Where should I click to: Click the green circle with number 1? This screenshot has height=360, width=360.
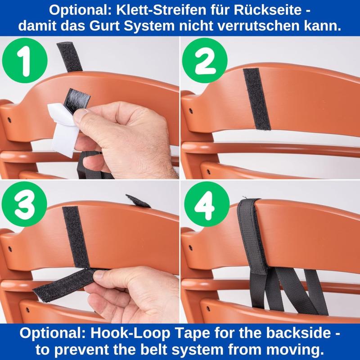tap(25, 61)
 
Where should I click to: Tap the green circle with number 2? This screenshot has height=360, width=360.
tap(205, 61)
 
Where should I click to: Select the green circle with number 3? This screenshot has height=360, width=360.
tap(24, 204)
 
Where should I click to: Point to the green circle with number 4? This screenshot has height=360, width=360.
tap(207, 204)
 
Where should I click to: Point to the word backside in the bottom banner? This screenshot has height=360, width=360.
tap(295, 333)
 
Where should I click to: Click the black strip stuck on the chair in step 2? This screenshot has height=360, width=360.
tap(257, 99)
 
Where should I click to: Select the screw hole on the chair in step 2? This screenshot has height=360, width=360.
tap(191, 111)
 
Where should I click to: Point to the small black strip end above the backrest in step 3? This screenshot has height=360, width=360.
tap(138, 201)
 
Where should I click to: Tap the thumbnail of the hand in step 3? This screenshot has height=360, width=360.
tap(101, 274)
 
